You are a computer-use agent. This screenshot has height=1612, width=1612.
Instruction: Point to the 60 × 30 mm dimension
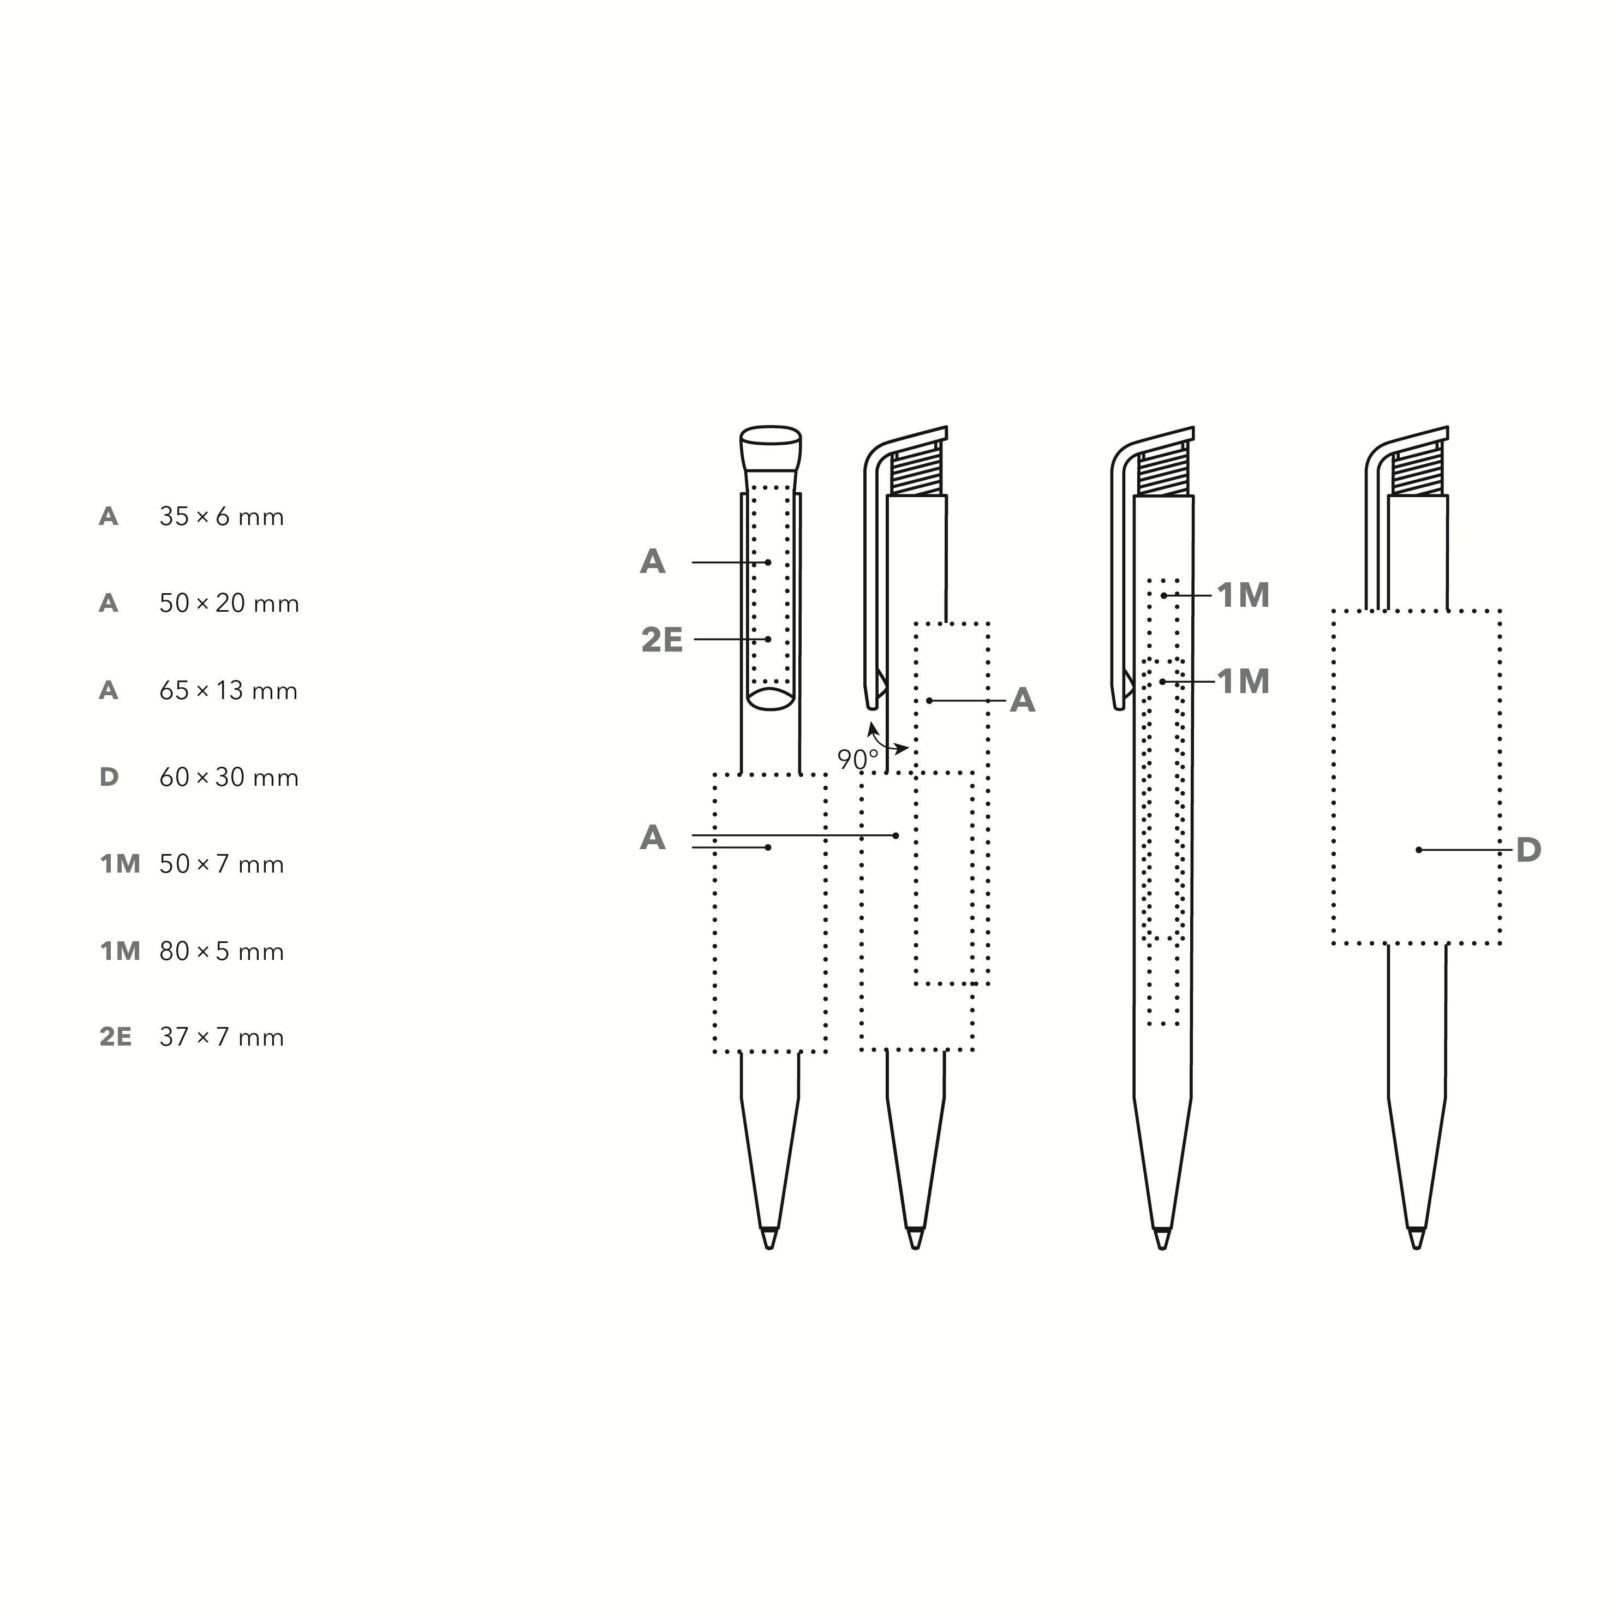pos(229,778)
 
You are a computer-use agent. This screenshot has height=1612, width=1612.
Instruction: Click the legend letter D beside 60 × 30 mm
pos(109,778)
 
